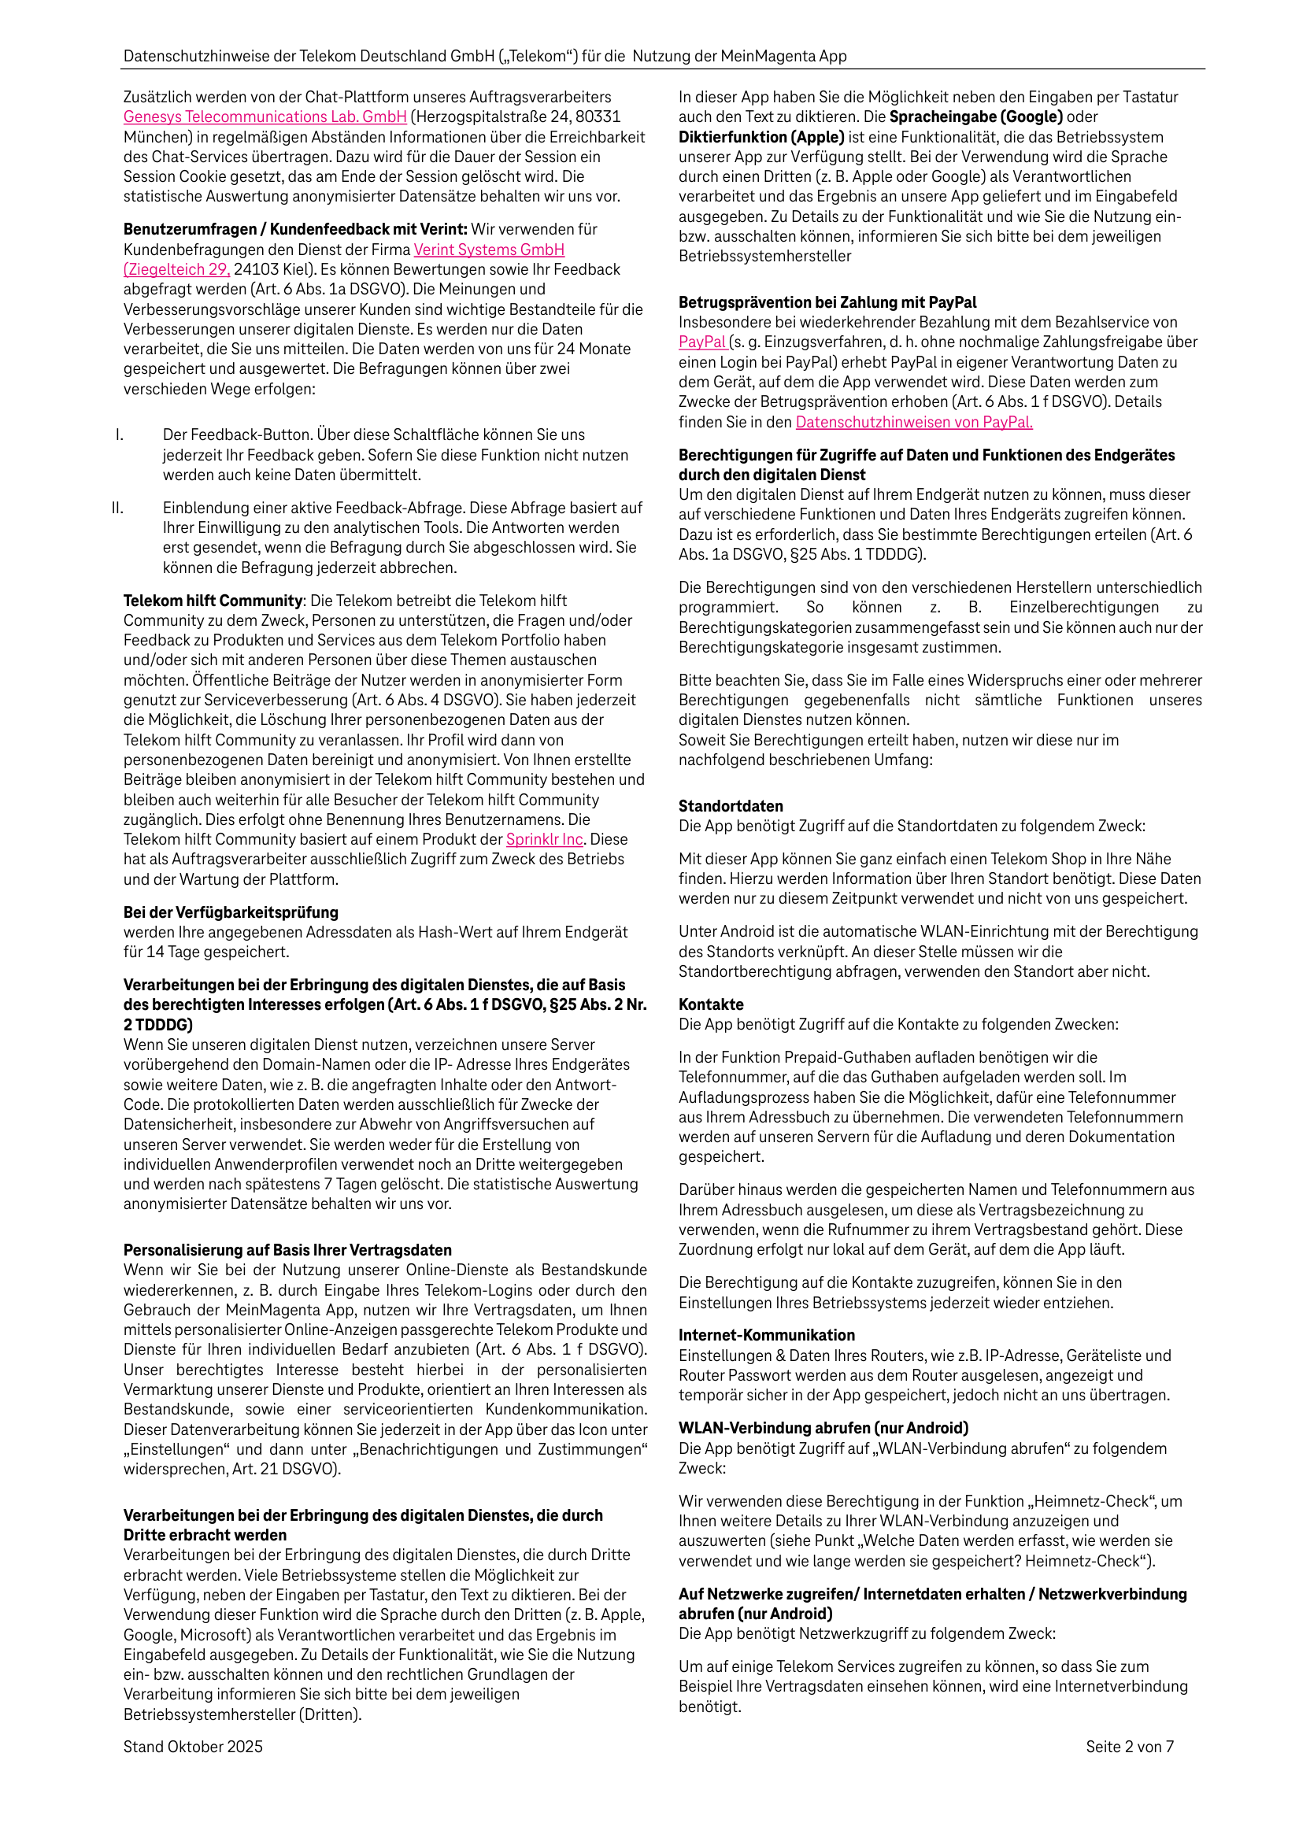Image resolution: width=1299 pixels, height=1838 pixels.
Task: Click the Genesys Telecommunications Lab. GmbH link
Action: tap(265, 116)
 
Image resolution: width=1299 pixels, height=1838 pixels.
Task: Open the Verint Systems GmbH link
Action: tap(489, 250)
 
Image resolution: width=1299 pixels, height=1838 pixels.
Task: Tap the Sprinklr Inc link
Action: tap(545, 839)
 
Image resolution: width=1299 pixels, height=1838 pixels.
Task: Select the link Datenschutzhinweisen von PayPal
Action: tap(914, 422)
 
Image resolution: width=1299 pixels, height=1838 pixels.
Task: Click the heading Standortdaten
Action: tap(731, 806)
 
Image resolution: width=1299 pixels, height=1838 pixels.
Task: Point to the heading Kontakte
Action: tap(711, 1004)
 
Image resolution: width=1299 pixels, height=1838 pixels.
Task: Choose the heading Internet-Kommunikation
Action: tap(767, 1335)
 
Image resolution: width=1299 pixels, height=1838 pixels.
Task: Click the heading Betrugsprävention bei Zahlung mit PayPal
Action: tap(827, 302)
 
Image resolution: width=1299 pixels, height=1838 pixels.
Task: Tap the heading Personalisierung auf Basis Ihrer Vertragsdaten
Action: tap(287, 1251)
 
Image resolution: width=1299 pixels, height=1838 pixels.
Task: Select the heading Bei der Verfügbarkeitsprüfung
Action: tap(231, 912)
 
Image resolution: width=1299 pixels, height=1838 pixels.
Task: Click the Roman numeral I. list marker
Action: tap(120, 435)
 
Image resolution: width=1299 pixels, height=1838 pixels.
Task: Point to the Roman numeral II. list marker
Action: tap(118, 509)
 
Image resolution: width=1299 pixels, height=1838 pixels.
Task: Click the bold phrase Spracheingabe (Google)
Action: tap(975, 116)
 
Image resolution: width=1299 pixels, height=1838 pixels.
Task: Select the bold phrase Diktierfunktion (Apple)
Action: tap(761, 137)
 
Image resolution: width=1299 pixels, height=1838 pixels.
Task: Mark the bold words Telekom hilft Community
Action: tap(213, 601)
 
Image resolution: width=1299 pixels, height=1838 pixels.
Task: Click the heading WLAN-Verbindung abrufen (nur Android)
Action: tap(823, 1428)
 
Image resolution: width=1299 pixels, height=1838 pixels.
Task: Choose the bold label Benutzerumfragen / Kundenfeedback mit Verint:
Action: tap(295, 230)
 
